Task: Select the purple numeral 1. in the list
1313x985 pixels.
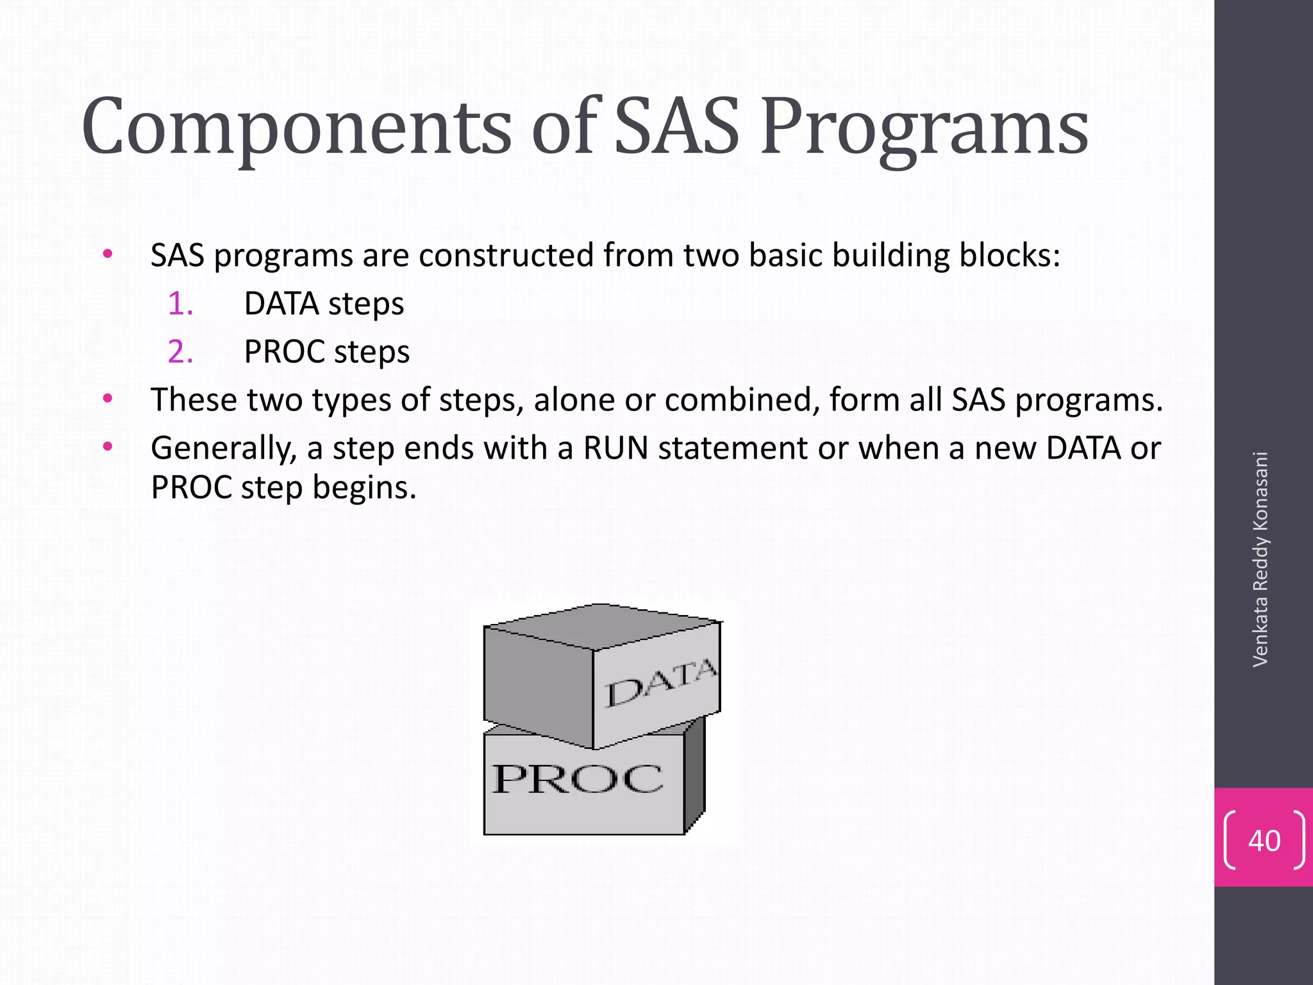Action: [x=180, y=304]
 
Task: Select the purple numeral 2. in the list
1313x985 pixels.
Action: [x=180, y=352]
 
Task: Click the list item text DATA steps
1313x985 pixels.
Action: [x=324, y=304]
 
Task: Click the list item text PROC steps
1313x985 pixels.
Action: [x=326, y=352]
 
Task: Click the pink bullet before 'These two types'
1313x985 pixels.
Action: [x=108, y=398]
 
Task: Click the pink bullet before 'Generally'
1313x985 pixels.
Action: [x=108, y=446]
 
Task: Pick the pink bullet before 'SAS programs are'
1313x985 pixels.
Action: [x=108, y=254]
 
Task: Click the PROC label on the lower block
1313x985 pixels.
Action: [x=577, y=779]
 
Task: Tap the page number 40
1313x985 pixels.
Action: [x=1264, y=841]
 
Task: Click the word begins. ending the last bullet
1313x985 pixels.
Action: [x=364, y=487]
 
